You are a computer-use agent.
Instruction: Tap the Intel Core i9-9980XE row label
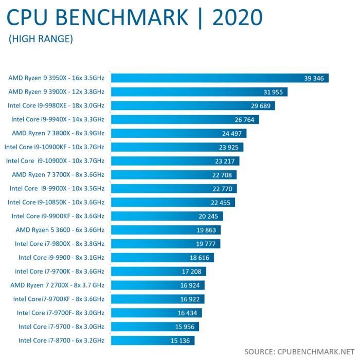(x=56, y=105)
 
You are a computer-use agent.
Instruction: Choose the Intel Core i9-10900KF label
(x=55, y=147)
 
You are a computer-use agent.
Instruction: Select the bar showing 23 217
(x=175, y=161)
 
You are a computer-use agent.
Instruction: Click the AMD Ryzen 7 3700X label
(x=58, y=174)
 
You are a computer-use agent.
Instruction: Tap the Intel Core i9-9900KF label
(x=58, y=216)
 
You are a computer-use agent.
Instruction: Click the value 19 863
(x=208, y=230)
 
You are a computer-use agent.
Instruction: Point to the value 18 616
(x=201, y=258)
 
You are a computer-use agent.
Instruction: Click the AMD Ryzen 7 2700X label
(x=58, y=285)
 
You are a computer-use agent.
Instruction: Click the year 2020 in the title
(x=237, y=17)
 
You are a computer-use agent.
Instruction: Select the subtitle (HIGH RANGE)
(x=41, y=39)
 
